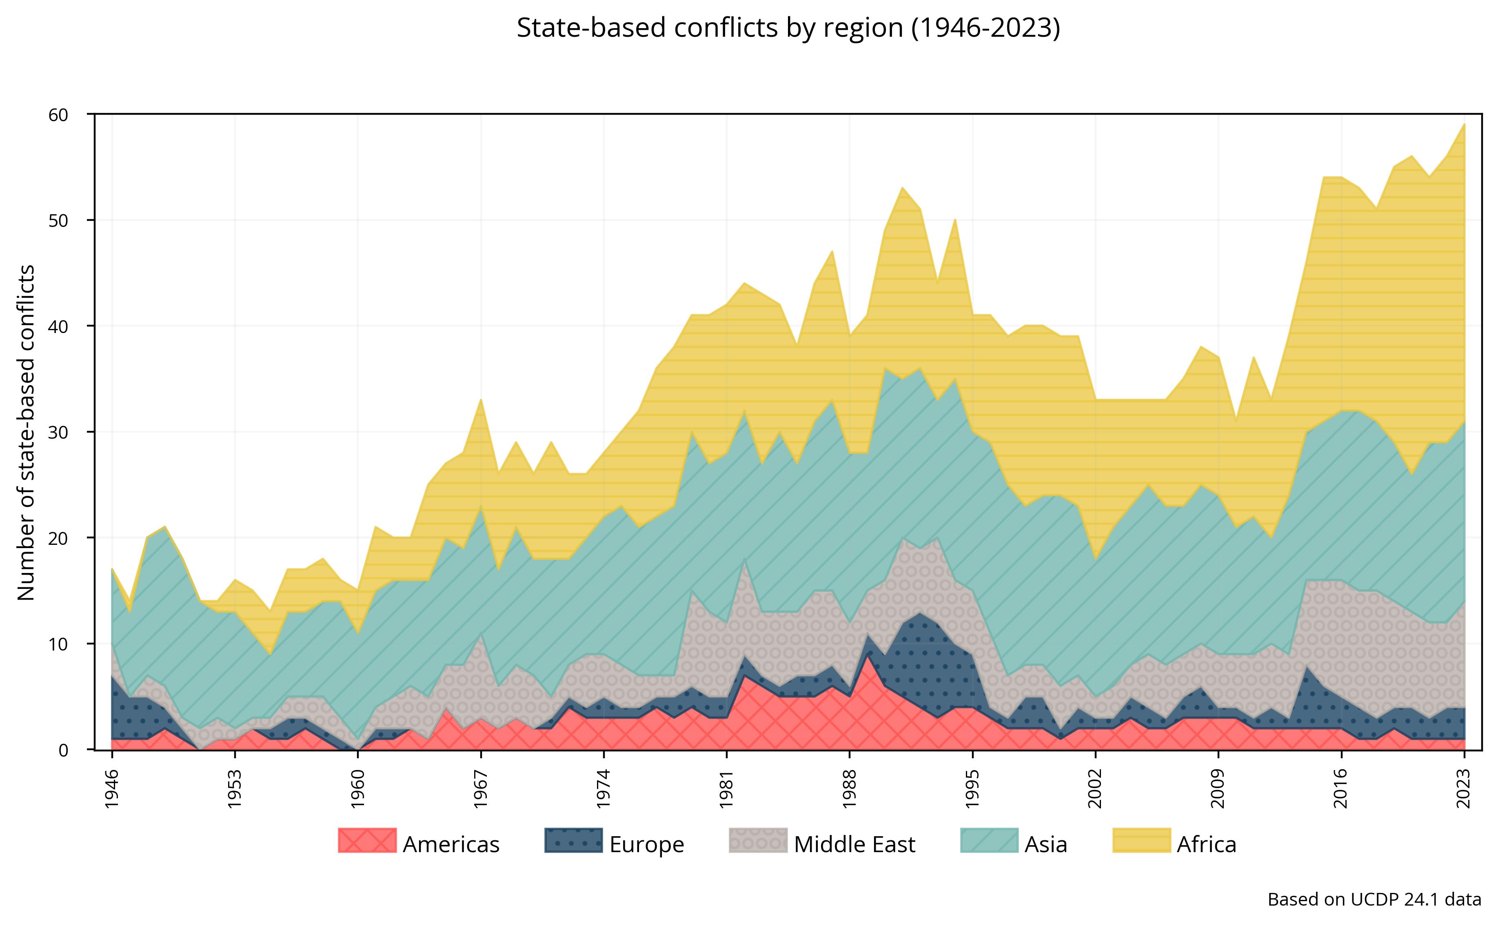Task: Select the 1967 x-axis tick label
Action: point(481,790)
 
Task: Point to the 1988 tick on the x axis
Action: point(850,790)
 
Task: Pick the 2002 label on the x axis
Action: point(1096,790)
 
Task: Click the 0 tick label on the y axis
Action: point(64,750)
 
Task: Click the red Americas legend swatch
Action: point(367,840)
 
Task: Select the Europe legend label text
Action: point(646,844)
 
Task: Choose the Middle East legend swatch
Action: point(758,840)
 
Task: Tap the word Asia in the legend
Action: point(1045,844)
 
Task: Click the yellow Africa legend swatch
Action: point(1141,840)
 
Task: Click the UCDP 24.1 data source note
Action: point(1374,899)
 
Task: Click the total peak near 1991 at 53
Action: point(902,189)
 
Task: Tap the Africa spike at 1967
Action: point(481,401)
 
